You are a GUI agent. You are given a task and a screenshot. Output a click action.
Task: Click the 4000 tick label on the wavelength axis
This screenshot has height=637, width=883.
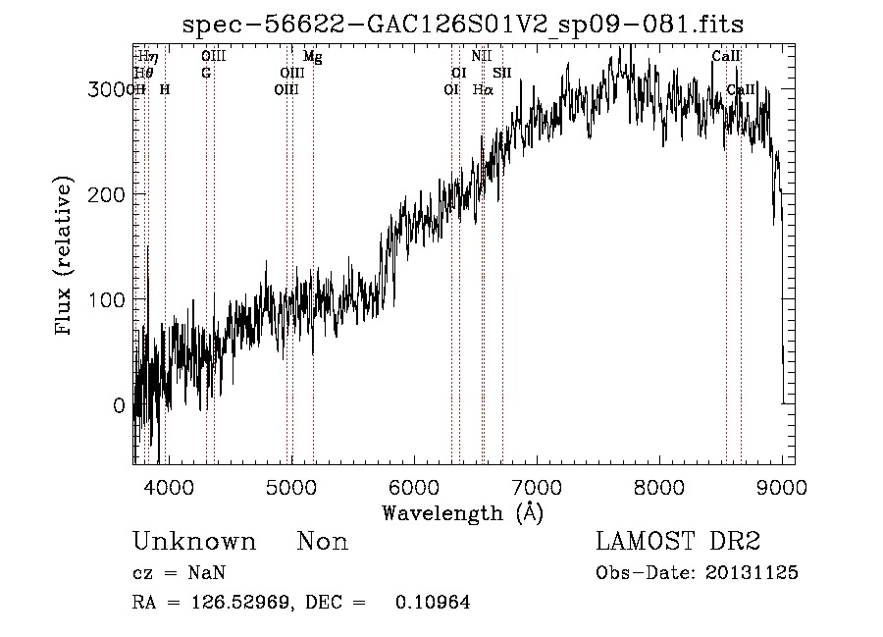(x=170, y=487)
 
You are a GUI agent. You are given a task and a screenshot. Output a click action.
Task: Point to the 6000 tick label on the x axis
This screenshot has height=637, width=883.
(x=414, y=487)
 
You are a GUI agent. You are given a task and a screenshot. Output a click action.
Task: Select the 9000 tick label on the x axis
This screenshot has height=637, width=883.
(x=781, y=487)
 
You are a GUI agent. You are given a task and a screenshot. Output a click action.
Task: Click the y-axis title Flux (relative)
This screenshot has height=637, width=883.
(x=66, y=257)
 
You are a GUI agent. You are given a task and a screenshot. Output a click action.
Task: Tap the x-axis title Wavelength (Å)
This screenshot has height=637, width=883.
(x=462, y=512)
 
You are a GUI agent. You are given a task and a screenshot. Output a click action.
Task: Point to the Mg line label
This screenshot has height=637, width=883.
(x=312, y=57)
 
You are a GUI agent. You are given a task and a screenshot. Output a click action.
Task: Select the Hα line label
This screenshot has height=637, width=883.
(x=482, y=89)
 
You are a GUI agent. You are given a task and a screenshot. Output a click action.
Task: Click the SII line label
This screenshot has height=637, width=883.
(x=502, y=73)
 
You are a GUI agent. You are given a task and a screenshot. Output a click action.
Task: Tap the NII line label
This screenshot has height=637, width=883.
(x=481, y=57)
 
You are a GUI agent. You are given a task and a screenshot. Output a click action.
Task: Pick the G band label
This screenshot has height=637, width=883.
(x=206, y=73)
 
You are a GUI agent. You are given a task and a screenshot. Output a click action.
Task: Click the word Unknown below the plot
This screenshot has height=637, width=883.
(x=194, y=542)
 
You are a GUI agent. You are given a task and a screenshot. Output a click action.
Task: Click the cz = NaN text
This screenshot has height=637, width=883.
(x=181, y=573)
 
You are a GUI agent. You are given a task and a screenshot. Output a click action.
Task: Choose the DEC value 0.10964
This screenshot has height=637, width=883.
(x=432, y=603)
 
